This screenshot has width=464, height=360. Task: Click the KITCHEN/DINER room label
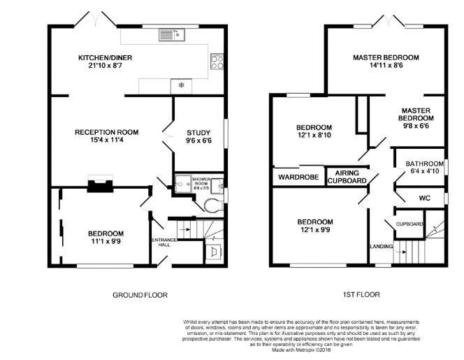pyautogui.click(x=105, y=57)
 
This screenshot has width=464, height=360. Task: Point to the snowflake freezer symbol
pyautogui.click(x=181, y=85)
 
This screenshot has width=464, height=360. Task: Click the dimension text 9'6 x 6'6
pyautogui.click(x=198, y=141)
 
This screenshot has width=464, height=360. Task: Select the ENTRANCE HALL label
pyautogui.click(x=165, y=243)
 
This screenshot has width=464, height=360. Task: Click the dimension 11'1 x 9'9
pyautogui.click(x=106, y=243)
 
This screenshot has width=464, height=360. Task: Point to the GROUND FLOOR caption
pyautogui.click(x=140, y=295)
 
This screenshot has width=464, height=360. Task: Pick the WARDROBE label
pyautogui.click(x=298, y=177)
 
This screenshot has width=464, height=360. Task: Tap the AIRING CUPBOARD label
pyautogui.click(x=347, y=176)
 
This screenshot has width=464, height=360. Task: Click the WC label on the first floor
pyautogui.click(x=424, y=198)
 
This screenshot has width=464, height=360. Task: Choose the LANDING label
pyautogui.click(x=381, y=246)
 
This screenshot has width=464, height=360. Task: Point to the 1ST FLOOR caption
pyautogui.click(x=361, y=295)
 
